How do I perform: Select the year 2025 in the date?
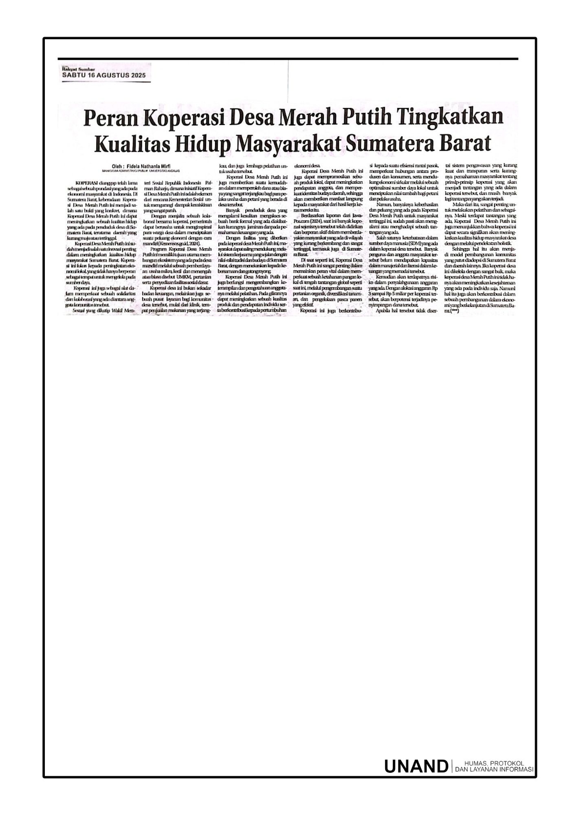(x=138, y=76)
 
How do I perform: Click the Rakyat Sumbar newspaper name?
(x=72, y=70)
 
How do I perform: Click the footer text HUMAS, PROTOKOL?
(x=493, y=763)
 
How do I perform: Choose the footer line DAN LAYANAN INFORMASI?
(x=494, y=770)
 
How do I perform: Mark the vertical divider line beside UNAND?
(x=451, y=766)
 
